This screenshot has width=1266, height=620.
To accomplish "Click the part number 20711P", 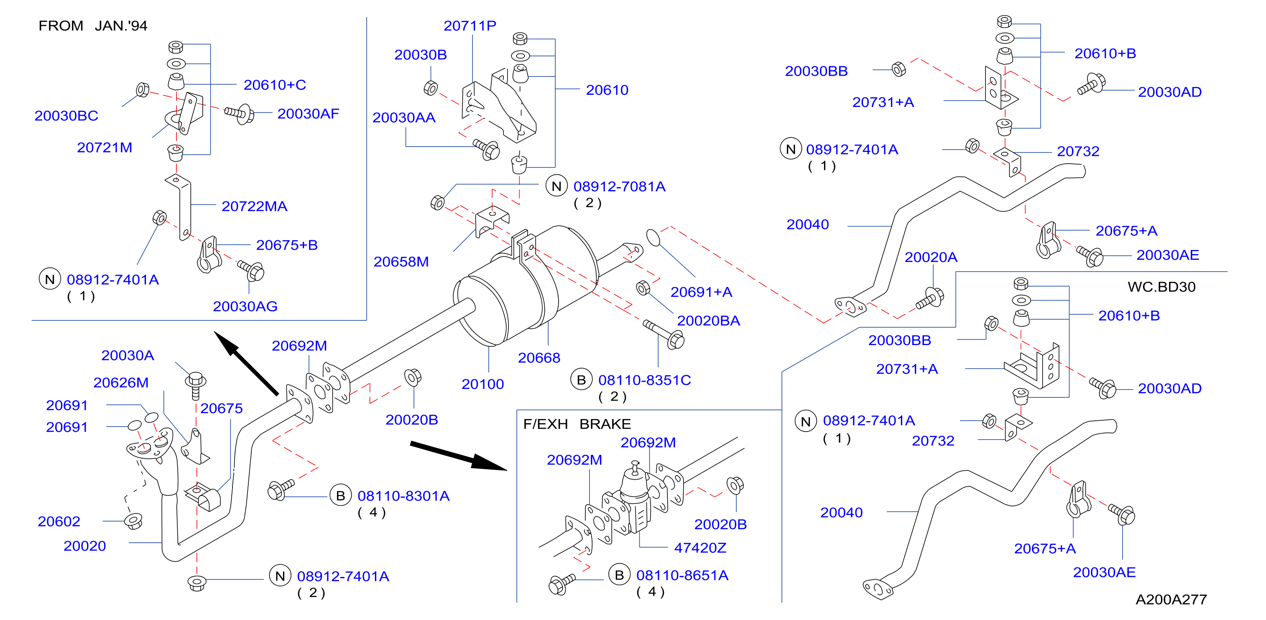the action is pos(470,25).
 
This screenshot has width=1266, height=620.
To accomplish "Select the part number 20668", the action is pos(539,358).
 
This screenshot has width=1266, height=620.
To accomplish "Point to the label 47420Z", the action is pos(700,547).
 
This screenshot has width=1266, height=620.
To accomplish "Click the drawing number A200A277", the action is pos(1171,600).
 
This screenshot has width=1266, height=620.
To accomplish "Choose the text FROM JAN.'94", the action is pos(93,25).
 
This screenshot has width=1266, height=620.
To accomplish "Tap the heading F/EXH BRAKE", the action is pos(577,424).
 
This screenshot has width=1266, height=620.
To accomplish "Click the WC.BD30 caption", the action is pos(1161,287).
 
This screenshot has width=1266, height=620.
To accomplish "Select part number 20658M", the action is pos(401,262).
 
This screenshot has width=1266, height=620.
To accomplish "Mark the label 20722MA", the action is pos(254,206).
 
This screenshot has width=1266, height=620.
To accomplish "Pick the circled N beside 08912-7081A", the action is pos(556,186).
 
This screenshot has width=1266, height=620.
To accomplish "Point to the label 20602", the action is pos(59,521).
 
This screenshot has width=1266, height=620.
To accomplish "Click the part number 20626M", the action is pos(121,382).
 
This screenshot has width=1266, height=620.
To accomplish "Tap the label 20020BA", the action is pos(708,320).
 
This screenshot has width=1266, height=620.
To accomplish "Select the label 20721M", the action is pos(105,147).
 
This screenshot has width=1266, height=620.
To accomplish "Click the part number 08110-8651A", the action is pos(682,575).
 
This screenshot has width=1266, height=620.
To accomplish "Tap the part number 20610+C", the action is pos(275,84).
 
